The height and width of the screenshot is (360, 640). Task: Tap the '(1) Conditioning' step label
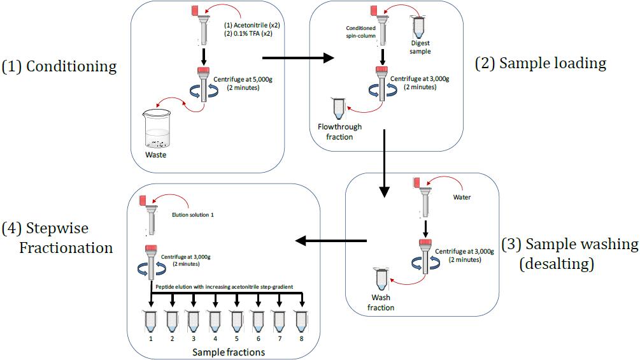[59, 66]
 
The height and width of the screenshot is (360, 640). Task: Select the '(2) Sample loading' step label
[541, 63]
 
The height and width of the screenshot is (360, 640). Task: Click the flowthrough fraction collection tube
[338, 108]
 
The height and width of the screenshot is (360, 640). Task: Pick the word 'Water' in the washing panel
[462, 197]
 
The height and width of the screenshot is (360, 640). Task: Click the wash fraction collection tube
[382, 280]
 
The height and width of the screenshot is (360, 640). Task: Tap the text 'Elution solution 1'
[193, 215]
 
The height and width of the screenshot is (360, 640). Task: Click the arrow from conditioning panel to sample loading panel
[299, 59]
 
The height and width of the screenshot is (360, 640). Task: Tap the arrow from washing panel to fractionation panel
[332, 241]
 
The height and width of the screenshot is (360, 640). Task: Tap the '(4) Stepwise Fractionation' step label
[57, 238]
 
